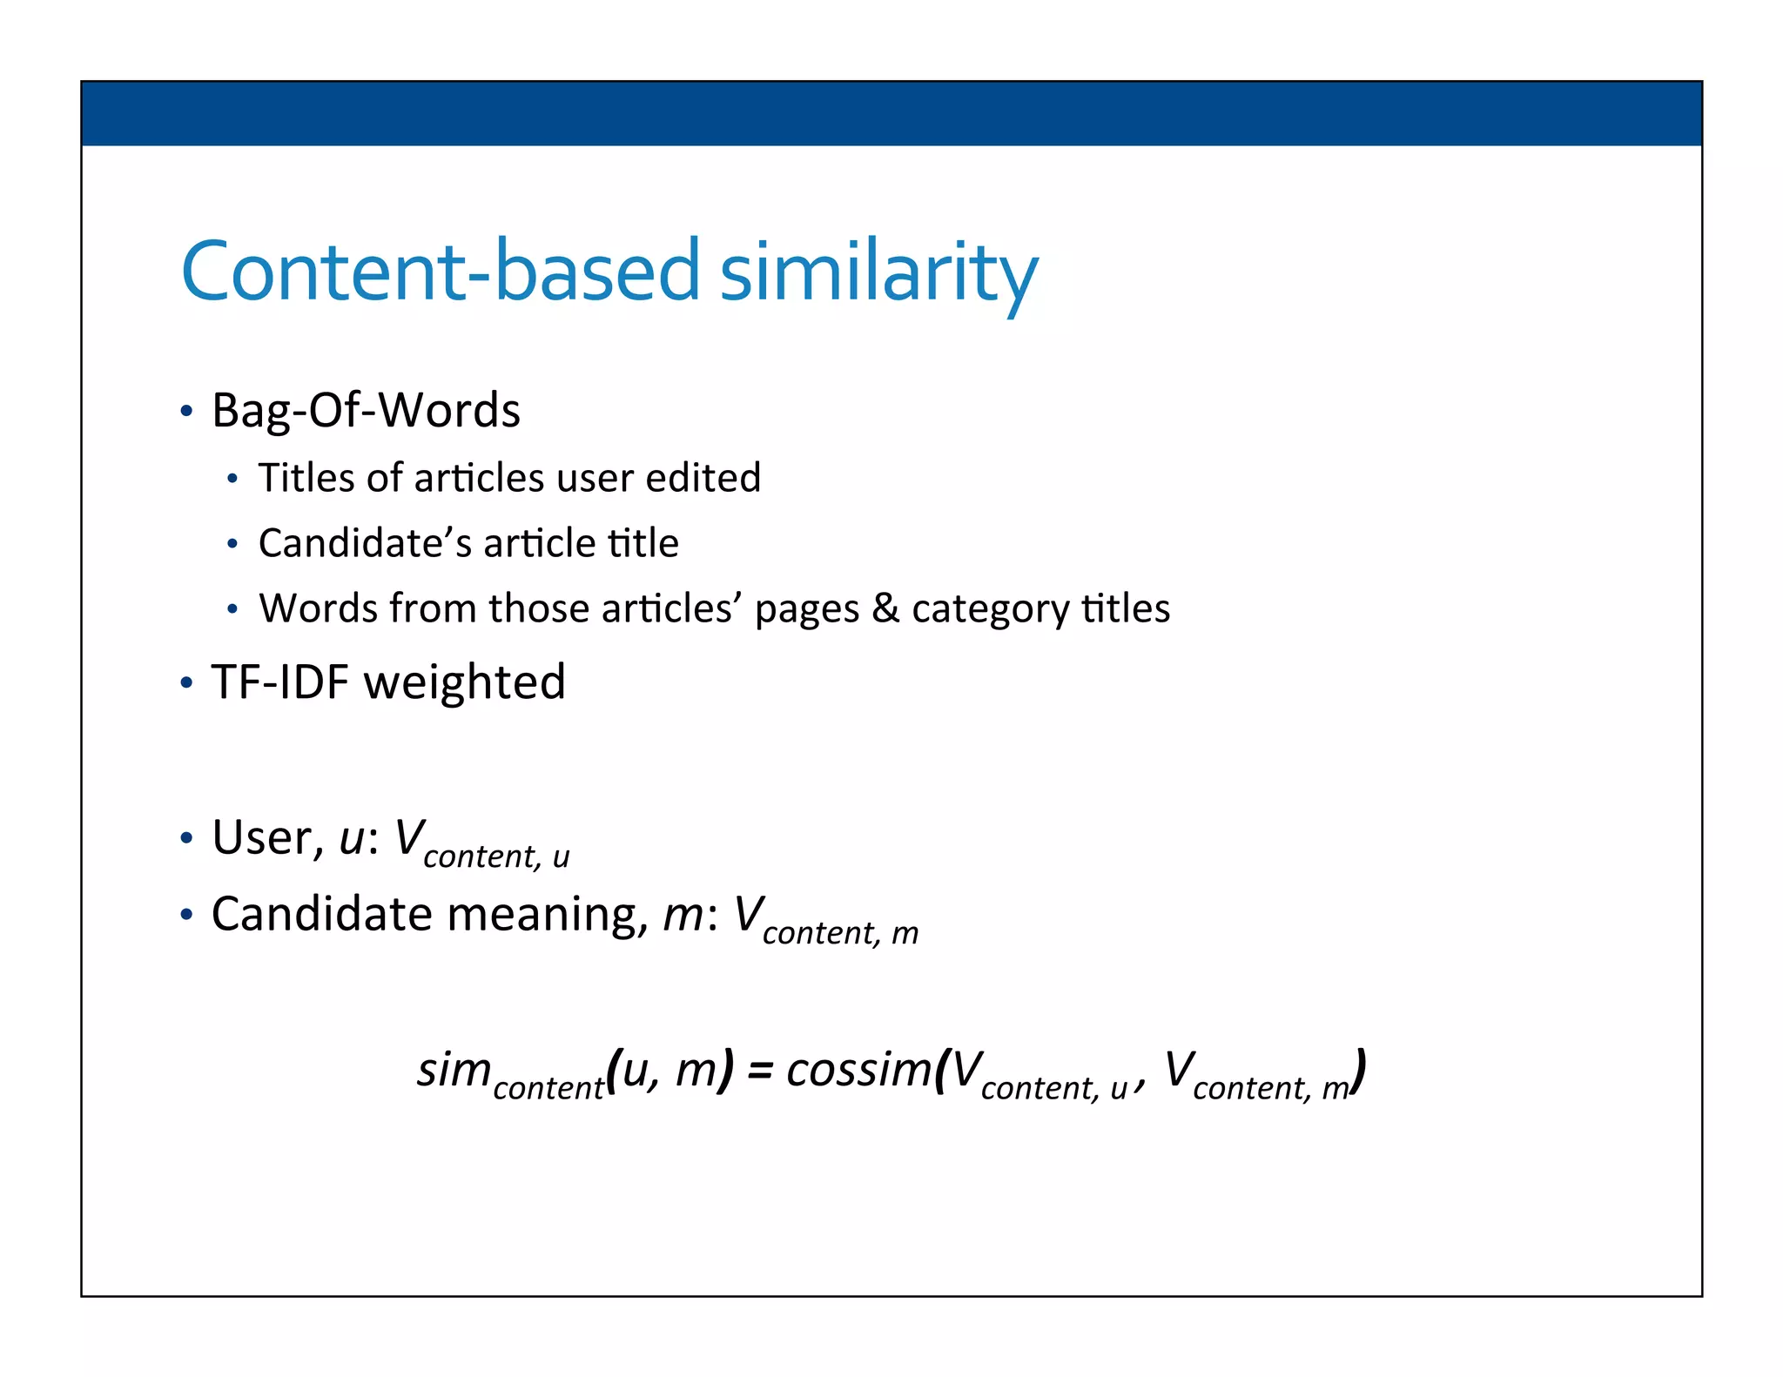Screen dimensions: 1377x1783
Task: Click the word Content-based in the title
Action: (x=440, y=272)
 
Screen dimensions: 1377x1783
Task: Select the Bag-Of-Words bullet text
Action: (x=366, y=410)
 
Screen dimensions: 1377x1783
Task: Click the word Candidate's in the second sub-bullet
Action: (x=363, y=543)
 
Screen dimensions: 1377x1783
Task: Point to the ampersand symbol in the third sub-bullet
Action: (x=885, y=608)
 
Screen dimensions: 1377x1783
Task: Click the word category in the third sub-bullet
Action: (x=990, y=609)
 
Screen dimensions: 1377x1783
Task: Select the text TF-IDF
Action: (x=280, y=682)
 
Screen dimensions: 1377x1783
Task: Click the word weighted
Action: (x=465, y=683)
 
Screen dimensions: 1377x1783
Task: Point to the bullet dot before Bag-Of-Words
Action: (x=186, y=411)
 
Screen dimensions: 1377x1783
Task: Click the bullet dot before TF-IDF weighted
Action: (x=186, y=682)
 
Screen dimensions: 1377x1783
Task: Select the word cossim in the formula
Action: (x=858, y=1070)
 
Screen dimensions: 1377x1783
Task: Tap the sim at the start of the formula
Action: (x=454, y=1070)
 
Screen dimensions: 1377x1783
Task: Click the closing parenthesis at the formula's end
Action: (x=1359, y=1072)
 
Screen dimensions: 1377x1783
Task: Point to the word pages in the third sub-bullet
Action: (x=806, y=609)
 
